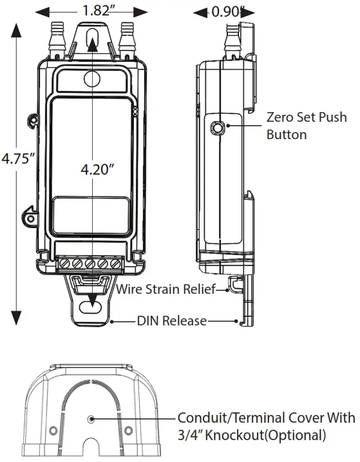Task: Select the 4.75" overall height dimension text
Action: pos(17,159)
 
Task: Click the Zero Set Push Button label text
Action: pos(306,126)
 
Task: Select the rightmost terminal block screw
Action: pos(116,263)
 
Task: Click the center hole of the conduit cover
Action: pos(93,419)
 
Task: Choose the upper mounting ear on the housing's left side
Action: pos(32,119)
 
